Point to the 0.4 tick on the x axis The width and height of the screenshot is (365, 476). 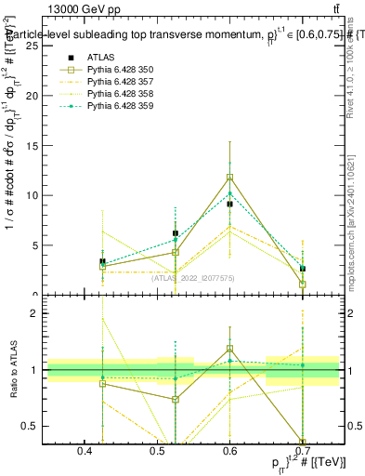[x=85, y=452]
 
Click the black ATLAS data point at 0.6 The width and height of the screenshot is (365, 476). [x=230, y=204]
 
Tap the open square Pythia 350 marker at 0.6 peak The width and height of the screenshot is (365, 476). [x=230, y=178]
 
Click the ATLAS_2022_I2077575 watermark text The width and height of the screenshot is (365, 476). [x=192, y=276]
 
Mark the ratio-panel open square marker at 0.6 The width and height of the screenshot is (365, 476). [x=230, y=349]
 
